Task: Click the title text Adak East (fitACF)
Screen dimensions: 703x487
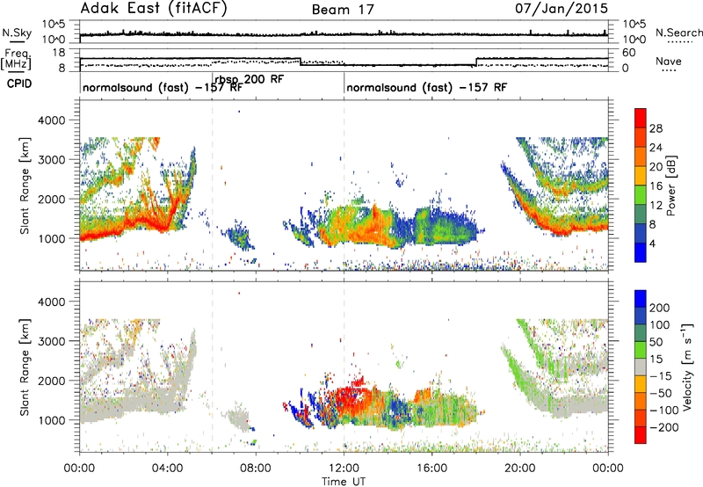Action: point(154,8)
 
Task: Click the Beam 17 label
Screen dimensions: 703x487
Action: point(343,10)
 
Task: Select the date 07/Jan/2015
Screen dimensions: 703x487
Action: point(562,8)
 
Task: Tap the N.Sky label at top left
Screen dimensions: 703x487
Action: point(17,33)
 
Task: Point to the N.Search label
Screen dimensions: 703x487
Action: point(678,33)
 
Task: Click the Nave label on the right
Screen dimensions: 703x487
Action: point(669,61)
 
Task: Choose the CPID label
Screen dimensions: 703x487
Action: point(19,84)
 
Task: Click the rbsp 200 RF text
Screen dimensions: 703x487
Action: point(250,80)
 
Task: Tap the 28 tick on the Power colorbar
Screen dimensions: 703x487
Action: point(656,128)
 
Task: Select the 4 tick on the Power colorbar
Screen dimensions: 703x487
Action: point(652,243)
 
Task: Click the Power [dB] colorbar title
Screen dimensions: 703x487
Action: point(671,185)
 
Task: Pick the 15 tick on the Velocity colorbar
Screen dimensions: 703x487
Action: point(656,360)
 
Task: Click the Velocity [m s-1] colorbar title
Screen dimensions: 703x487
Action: point(687,367)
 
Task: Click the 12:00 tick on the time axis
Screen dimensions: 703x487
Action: point(344,469)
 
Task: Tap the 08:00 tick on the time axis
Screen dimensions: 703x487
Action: point(256,469)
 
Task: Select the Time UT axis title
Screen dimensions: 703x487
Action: point(344,482)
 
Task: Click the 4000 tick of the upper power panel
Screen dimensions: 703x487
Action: point(53,120)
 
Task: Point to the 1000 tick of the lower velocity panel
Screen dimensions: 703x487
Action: point(53,420)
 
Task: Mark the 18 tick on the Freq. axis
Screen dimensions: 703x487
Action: point(59,53)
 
